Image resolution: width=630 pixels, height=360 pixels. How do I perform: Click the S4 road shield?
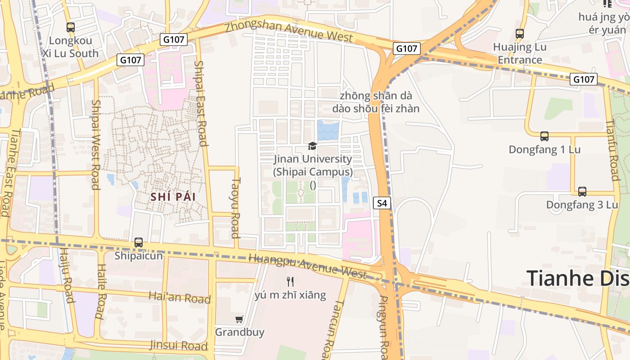coord(382,203)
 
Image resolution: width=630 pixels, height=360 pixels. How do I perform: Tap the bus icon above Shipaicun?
coord(139,243)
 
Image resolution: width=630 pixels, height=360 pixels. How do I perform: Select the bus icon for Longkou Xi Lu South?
coord(71,27)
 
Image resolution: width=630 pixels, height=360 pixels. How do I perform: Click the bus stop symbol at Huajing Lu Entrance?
coord(520,33)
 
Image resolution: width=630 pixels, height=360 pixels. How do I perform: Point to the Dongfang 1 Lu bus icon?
coord(544,136)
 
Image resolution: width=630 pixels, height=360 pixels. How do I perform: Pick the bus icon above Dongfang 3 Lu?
coord(582,192)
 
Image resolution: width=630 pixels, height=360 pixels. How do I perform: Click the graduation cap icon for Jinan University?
coord(312,146)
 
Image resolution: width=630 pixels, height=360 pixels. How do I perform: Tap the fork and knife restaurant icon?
coord(290,282)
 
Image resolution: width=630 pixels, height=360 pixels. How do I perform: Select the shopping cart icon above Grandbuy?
coord(239,319)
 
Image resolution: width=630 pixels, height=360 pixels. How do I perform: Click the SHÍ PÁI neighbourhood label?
coord(173,197)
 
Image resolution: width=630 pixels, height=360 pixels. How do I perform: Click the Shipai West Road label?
coord(95,144)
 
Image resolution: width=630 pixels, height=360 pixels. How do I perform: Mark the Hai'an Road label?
coord(180,297)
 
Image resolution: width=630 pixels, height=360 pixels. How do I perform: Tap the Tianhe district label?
coord(578,278)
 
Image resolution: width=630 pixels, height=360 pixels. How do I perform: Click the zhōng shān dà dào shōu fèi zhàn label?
coord(376,102)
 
